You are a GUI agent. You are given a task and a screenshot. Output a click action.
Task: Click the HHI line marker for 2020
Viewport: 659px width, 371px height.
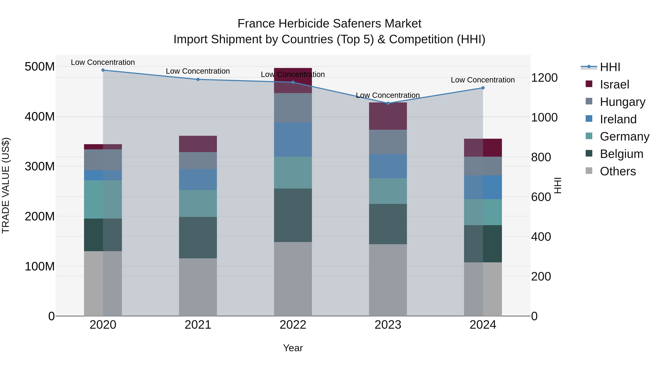click(103, 70)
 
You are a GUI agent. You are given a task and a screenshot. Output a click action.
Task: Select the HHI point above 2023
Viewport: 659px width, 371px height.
click(388, 103)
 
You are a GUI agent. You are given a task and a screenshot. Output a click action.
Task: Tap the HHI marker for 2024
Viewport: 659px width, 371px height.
click(483, 88)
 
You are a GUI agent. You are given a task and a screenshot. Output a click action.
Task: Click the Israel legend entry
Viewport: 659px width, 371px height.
click(614, 84)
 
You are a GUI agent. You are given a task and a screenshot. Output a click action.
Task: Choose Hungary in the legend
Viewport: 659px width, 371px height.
click(622, 102)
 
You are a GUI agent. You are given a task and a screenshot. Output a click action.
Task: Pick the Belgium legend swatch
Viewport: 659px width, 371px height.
click(589, 154)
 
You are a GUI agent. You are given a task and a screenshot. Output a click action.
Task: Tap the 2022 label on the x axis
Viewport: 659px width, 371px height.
click(293, 325)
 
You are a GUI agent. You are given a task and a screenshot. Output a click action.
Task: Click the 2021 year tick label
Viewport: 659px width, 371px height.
click(198, 325)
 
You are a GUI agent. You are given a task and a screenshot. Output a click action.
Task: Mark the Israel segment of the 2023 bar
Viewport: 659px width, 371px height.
click(388, 116)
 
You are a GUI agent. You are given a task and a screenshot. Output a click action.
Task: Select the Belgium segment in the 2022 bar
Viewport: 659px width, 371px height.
click(293, 215)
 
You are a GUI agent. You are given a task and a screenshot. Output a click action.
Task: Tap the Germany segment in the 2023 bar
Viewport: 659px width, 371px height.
click(388, 191)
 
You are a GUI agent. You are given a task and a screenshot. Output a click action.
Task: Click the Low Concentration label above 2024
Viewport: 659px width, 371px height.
click(483, 80)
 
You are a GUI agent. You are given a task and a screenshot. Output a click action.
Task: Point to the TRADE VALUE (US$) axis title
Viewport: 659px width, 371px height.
click(6, 185)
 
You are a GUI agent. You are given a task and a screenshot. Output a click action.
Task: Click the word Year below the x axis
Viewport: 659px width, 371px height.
click(293, 348)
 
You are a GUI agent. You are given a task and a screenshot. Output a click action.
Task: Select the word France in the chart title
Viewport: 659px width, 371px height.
click(256, 24)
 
